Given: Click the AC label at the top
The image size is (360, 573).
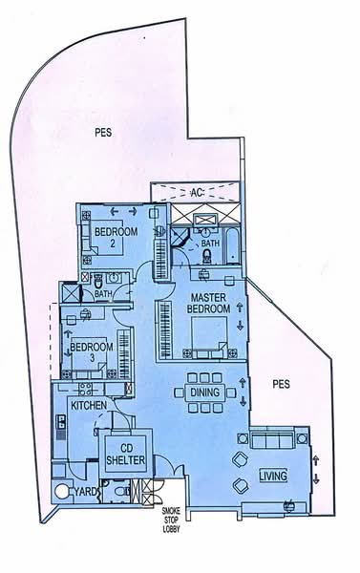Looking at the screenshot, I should tap(198, 192).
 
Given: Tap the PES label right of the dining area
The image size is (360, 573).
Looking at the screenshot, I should tap(280, 386).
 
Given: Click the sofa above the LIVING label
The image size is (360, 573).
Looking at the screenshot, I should tap(274, 443).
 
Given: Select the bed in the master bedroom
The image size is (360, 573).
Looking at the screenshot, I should tap(207, 333).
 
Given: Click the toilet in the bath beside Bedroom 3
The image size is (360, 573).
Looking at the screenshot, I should tap(98, 282).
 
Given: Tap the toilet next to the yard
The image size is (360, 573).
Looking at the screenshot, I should tap(115, 492).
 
